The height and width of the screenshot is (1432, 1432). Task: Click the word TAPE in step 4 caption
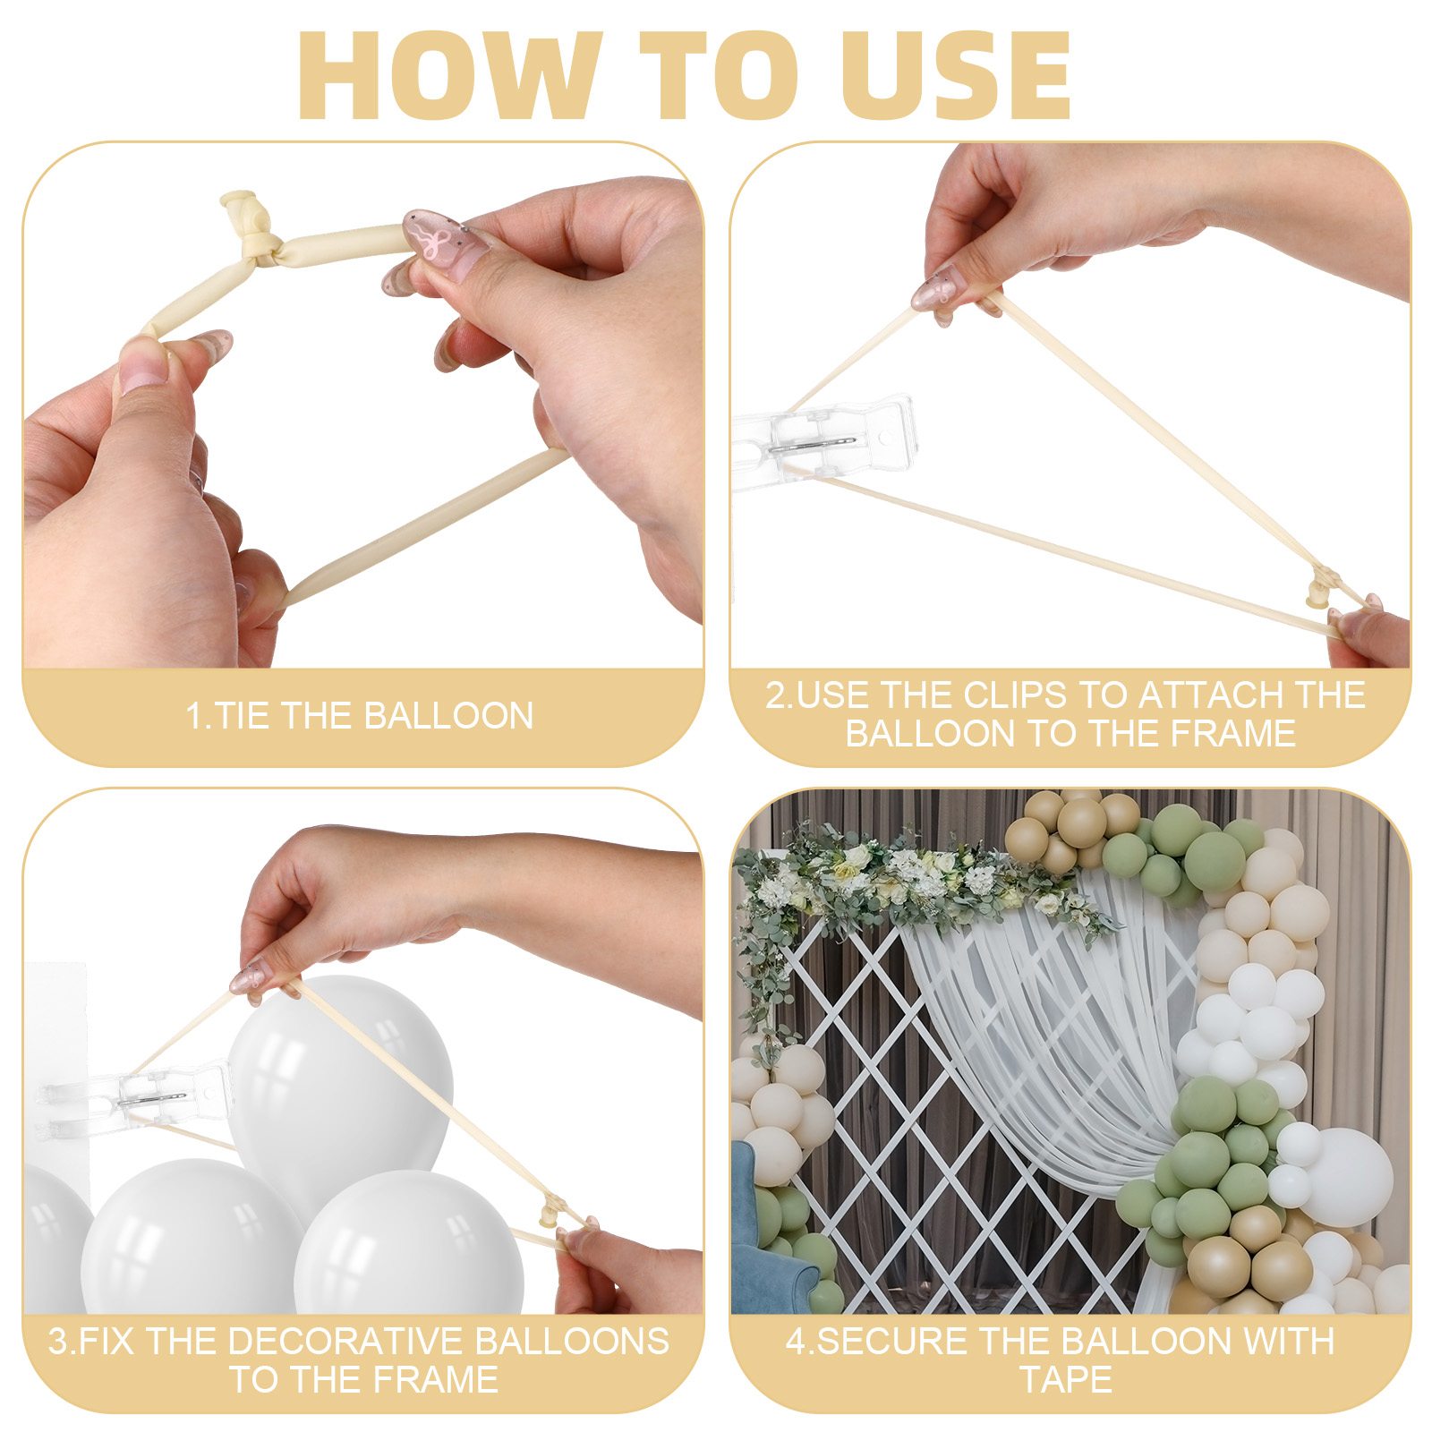tap(1066, 1379)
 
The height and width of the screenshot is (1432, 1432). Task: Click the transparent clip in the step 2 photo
tap(823, 439)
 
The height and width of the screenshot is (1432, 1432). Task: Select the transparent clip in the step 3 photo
tap(134, 1096)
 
